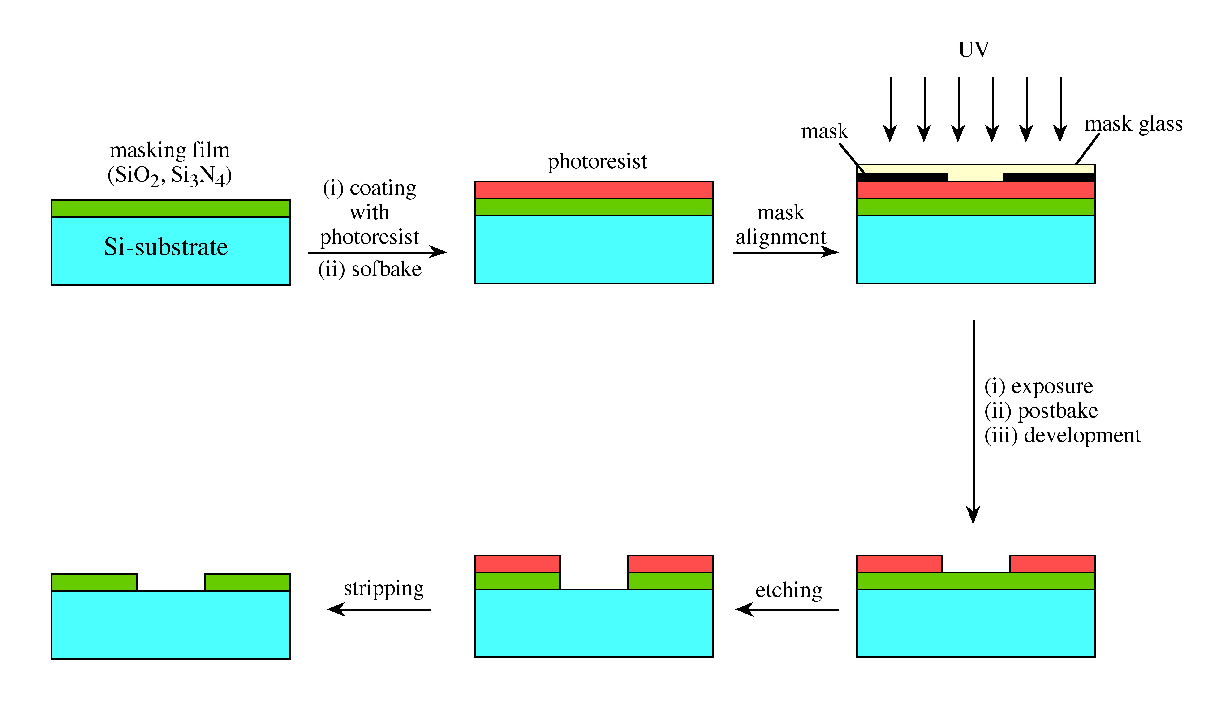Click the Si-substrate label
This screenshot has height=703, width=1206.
(x=166, y=247)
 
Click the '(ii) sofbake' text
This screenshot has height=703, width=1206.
(x=370, y=269)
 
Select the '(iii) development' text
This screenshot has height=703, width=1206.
(x=1062, y=435)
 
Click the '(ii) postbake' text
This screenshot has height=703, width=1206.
(x=1041, y=411)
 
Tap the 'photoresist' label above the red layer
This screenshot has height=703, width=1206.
(x=597, y=162)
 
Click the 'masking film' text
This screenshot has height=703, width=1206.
(x=170, y=150)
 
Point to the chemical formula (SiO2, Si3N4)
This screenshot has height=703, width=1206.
(x=170, y=175)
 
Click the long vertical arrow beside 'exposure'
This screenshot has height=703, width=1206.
(x=973, y=421)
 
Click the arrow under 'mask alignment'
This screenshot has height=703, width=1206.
(x=785, y=253)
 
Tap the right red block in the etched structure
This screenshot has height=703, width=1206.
(x=670, y=564)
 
